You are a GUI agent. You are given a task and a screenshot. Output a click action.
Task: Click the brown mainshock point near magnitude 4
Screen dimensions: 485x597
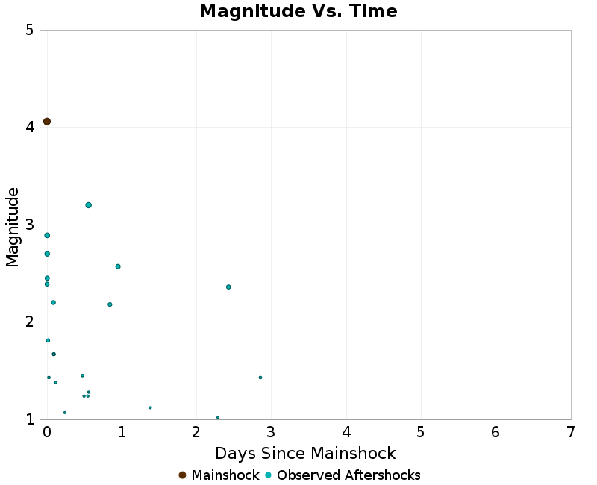tap(47, 122)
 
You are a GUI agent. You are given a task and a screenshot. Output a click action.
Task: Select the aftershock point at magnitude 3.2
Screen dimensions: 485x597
tap(88, 205)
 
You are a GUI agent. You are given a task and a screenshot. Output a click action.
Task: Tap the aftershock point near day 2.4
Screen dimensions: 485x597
tap(228, 287)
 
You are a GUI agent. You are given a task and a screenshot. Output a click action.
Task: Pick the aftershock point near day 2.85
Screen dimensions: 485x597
tap(260, 378)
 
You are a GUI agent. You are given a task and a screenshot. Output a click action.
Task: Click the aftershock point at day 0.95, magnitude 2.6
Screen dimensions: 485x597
tap(118, 266)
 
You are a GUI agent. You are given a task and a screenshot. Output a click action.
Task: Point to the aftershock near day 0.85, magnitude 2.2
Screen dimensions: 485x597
tap(110, 304)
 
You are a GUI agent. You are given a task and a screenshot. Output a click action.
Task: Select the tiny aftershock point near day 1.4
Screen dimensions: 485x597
tap(150, 407)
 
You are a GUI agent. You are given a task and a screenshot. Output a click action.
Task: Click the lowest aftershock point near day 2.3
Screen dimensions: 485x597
tap(218, 417)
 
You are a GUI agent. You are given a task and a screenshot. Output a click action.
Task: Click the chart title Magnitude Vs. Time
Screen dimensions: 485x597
tap(298, 12)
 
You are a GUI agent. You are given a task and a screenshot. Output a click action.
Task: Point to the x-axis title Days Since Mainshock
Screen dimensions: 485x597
tap(305, 454)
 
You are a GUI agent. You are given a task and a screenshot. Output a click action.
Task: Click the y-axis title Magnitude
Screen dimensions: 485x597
tap(13, 227)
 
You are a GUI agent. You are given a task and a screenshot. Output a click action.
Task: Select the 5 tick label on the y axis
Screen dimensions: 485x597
tap(29, 31)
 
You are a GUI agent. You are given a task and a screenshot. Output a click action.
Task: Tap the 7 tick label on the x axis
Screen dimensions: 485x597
tap(571, 433)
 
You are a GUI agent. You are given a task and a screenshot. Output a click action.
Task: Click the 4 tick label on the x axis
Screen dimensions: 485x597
tap(346, 433)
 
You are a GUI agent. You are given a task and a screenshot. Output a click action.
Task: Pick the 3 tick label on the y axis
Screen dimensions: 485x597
tap(29, 225)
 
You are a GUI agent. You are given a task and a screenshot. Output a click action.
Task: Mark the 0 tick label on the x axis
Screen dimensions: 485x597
tap(47, 433)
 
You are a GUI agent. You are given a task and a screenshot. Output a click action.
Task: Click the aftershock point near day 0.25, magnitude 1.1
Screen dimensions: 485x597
tap(65, 413)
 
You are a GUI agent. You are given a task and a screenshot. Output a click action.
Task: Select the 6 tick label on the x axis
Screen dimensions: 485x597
tap(496, 433)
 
